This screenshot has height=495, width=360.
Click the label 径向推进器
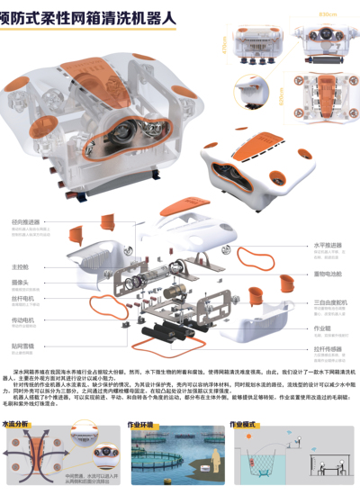pyautogui.click(x=23, y=221)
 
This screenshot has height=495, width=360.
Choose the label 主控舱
pyautogui.click(x=20, y=266)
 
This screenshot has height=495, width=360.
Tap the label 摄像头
pyautogui.click(x=20, y=282)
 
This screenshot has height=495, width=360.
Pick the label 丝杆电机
pyautogui.click(x=22, y=297)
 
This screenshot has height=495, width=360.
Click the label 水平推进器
pyautogui.click(x=327, y=244)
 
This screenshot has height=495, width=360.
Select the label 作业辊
pyautogui.click(x=322, y=328)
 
